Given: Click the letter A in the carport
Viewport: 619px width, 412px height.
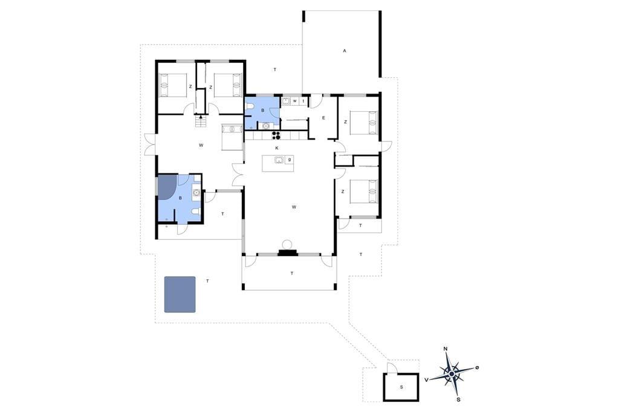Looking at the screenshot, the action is click(344, 51).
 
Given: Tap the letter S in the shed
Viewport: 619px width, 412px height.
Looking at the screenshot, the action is click(401, 387).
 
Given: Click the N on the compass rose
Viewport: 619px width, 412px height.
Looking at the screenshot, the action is click(446, 349).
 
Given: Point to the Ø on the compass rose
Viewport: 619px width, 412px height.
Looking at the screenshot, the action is click(477, 367).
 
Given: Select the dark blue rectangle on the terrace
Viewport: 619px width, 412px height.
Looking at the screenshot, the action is click(180, 294).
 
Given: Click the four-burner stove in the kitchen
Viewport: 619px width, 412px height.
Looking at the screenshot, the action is click(276, 135).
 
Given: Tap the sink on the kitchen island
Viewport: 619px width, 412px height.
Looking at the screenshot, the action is click(279, 160).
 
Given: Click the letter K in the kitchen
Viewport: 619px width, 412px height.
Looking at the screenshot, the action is click(277, 148).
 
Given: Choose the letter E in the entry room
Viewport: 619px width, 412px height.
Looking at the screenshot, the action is click(323, 118).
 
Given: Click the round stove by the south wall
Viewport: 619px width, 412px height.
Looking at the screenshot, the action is click(287, 243).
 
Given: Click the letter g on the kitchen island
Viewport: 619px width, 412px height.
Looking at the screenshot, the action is click(290, 159).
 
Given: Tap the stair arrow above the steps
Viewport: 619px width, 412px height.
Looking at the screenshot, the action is click(201, 116).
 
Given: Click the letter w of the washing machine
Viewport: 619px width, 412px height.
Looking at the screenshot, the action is click(294, 101).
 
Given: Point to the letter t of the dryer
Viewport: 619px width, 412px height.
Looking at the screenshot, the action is click(303, 101).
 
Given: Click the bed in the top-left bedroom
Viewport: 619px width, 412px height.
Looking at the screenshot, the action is click(172, 85).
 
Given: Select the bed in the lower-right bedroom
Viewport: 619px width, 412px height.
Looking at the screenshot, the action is click(363, 192).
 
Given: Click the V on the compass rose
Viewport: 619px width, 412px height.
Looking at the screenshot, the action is click(426, 379).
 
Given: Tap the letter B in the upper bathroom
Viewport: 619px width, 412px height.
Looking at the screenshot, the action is click(262, 111).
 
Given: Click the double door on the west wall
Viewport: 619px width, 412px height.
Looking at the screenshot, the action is click(150, 144).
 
